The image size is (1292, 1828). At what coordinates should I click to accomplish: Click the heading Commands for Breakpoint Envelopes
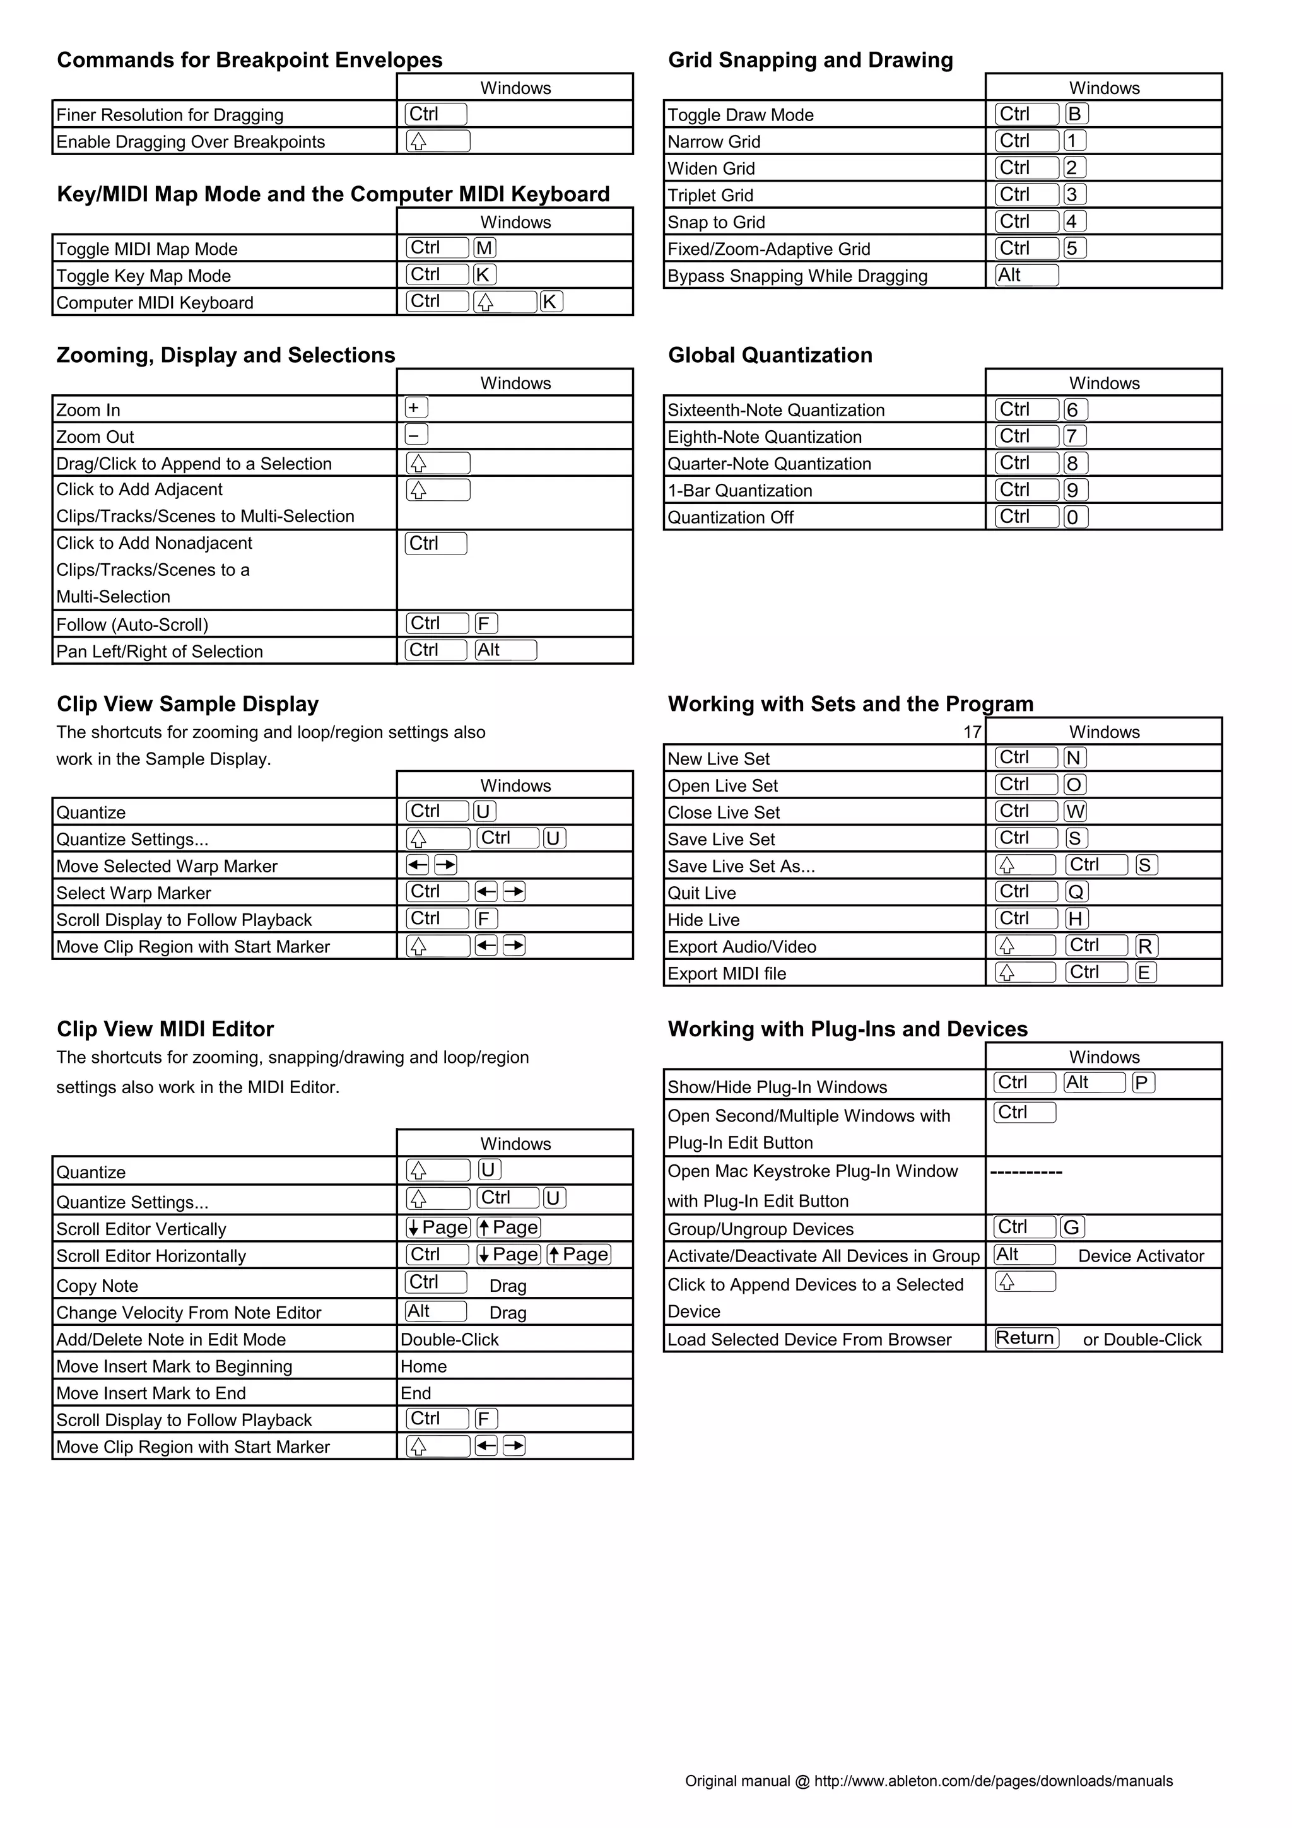click(249, 60)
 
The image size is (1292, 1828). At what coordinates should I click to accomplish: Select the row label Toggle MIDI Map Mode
click(147, 249)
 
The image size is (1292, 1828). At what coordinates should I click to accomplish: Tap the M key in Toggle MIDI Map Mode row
click(484, 248)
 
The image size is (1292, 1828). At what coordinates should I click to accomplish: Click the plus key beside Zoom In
click(416, 407)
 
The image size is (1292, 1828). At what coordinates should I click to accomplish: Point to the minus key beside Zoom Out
click(416, 435)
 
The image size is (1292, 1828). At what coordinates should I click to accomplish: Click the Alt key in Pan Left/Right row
click(505, 650)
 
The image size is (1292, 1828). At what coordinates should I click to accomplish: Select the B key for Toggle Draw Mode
click(1075, 114)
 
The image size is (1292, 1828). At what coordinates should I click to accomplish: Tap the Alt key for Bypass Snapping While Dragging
click(1026, 274)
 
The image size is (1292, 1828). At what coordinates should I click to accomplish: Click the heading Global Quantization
click(770, 355)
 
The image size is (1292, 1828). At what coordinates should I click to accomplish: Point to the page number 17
click(972, 732)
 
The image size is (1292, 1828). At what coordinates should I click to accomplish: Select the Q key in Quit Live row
click(1076, 892)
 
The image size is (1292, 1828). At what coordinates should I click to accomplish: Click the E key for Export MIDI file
click(1145, 972)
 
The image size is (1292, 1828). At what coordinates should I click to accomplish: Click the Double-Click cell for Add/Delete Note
click(450, 1339)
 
